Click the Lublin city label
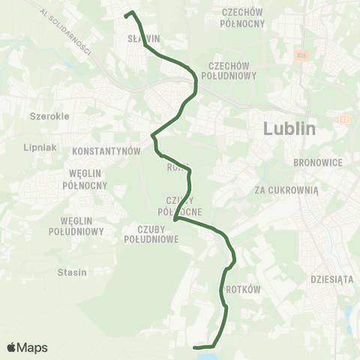289,129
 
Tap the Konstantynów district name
106,151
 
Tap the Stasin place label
72,272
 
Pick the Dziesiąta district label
331,279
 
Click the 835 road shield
301,55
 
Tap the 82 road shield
344,118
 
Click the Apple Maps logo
27,347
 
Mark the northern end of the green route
130,12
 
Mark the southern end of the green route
195,347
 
